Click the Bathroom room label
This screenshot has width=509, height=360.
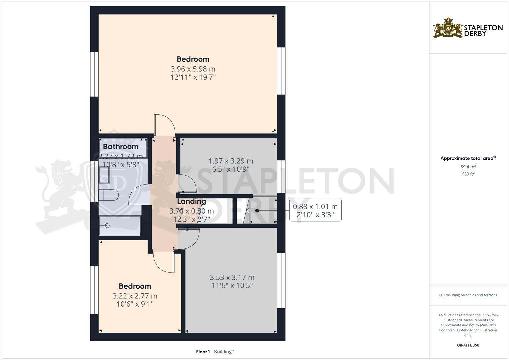pos(120,147)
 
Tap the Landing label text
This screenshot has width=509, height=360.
pos(191,201)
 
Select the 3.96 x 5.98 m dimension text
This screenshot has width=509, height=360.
pos(193,69)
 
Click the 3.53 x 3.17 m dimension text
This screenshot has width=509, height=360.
pos(232,277)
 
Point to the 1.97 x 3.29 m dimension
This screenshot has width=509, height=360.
pos(231,161)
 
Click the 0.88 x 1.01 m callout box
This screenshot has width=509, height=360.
pos(315,210)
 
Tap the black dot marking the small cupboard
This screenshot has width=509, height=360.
pos(257,211)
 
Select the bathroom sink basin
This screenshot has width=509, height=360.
pos(104,175)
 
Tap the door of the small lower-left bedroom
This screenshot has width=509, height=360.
pos(163,262)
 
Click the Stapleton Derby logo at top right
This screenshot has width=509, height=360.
pos(468,28)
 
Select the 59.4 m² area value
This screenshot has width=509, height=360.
pos(468,167)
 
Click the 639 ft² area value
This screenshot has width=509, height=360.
pos(468,174)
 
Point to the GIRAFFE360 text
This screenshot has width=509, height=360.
pos(468,345)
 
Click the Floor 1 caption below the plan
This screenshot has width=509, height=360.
pos(203,352)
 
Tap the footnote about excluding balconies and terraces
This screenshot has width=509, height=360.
pos(468,295)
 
